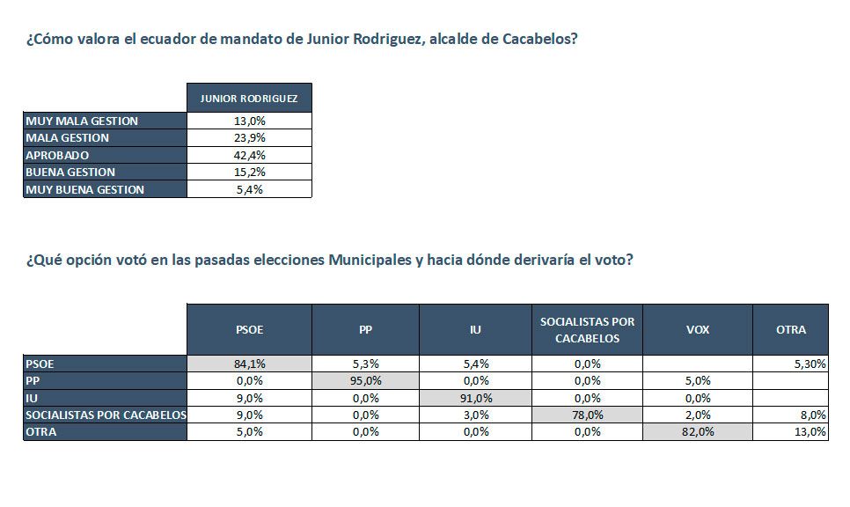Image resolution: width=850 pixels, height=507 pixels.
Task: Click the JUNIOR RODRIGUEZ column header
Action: pyautogui.click(x=249, y=98)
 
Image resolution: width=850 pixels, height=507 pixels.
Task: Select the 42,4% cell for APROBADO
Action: pyautogui.click(x=249, y=155)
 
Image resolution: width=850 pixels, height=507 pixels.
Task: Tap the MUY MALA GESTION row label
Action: pyautogui.click(x=82, y=121)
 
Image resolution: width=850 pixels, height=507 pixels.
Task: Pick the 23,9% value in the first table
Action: pyautogui.click(x=249, y=137)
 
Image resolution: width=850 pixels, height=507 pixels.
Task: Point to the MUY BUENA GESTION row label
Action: pyautogui.click(x=84, y=189)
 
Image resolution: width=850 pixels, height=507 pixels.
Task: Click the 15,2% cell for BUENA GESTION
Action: pyautogui.click(x=249, y=172)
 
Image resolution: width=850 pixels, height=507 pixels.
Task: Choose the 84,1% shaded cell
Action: pyautogui.click(x=249, y=363)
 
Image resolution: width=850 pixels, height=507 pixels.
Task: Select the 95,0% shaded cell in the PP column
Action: pyautogui.click(x=365, y=380)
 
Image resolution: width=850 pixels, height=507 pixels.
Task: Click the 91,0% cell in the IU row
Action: pyautogui.click(x=475, y=397)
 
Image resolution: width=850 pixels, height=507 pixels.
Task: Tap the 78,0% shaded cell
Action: pyautogui.click(x=587, y=415)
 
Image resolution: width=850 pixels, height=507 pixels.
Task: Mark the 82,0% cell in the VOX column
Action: pyautogui.click(x=697, y=431)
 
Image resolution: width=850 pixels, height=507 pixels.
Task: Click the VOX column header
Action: pyautogui.click(x=697, y=330)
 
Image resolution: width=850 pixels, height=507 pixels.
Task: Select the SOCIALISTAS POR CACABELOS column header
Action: pyautogui.click(x=587, y=330)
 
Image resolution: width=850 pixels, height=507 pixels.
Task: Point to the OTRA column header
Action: pyautogui.click(x=790, y=330)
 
